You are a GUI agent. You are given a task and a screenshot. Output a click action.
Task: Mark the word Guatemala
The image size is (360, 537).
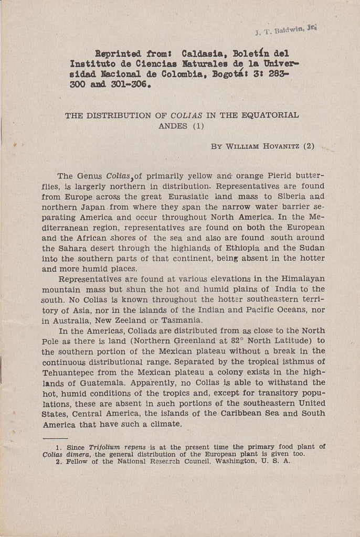coord(104,382)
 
